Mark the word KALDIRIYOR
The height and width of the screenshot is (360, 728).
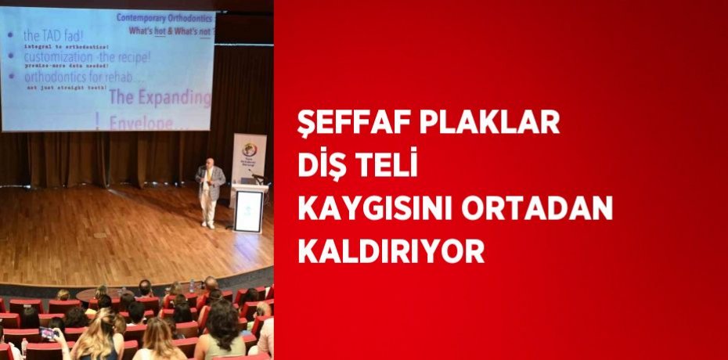pos(391,252)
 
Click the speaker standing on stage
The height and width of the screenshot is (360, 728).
pos(209,193)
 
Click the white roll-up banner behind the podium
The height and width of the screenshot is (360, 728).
pos(248,160)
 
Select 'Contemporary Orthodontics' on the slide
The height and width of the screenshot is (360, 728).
pos(167,16)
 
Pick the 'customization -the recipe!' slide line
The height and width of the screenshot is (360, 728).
pos(86,56)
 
